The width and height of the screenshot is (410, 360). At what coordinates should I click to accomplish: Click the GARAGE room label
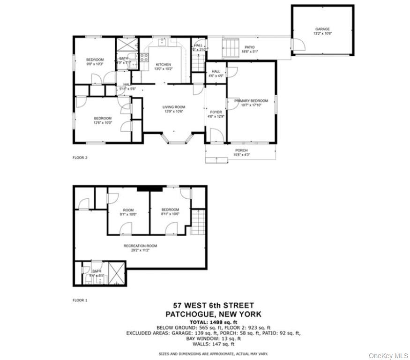pos(322,29)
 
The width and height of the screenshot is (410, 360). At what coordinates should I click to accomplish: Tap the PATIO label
pos(250,46)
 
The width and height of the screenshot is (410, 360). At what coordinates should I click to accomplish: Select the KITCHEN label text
pos(164,64)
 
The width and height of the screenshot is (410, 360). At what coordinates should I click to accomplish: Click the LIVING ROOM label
pos(174,107)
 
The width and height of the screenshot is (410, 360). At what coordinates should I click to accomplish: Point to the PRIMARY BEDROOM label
pos(251,101)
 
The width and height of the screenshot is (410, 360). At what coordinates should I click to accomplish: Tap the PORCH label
pos(241,150)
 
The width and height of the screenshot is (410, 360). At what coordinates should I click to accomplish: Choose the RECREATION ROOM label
pos(140,246)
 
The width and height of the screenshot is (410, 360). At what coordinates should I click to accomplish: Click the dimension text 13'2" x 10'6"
pos(322,34)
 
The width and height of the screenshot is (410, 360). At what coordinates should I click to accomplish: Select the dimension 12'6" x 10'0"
pos(103,123)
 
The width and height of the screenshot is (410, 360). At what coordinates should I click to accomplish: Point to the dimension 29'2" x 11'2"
pos(140,250)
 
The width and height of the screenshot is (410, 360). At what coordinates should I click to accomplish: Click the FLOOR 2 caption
pos(80,157)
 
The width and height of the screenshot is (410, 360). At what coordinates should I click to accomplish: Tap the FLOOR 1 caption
pos(80,300)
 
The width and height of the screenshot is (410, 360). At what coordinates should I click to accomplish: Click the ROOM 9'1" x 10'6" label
pos(128,212)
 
